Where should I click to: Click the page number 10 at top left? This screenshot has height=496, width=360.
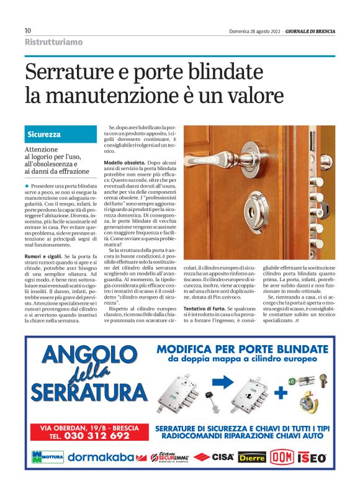click(x=28, y=30)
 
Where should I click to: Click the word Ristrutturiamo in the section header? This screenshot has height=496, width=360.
click(x=53, y=42)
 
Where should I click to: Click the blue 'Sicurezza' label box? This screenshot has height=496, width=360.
click(x=44, y=134)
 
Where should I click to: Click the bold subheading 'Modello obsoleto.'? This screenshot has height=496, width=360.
click(x=124, y=163)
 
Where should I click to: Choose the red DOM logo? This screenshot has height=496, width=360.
click(x=281, y=458)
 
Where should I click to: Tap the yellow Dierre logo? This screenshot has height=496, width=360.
click(x=252, y=458)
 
